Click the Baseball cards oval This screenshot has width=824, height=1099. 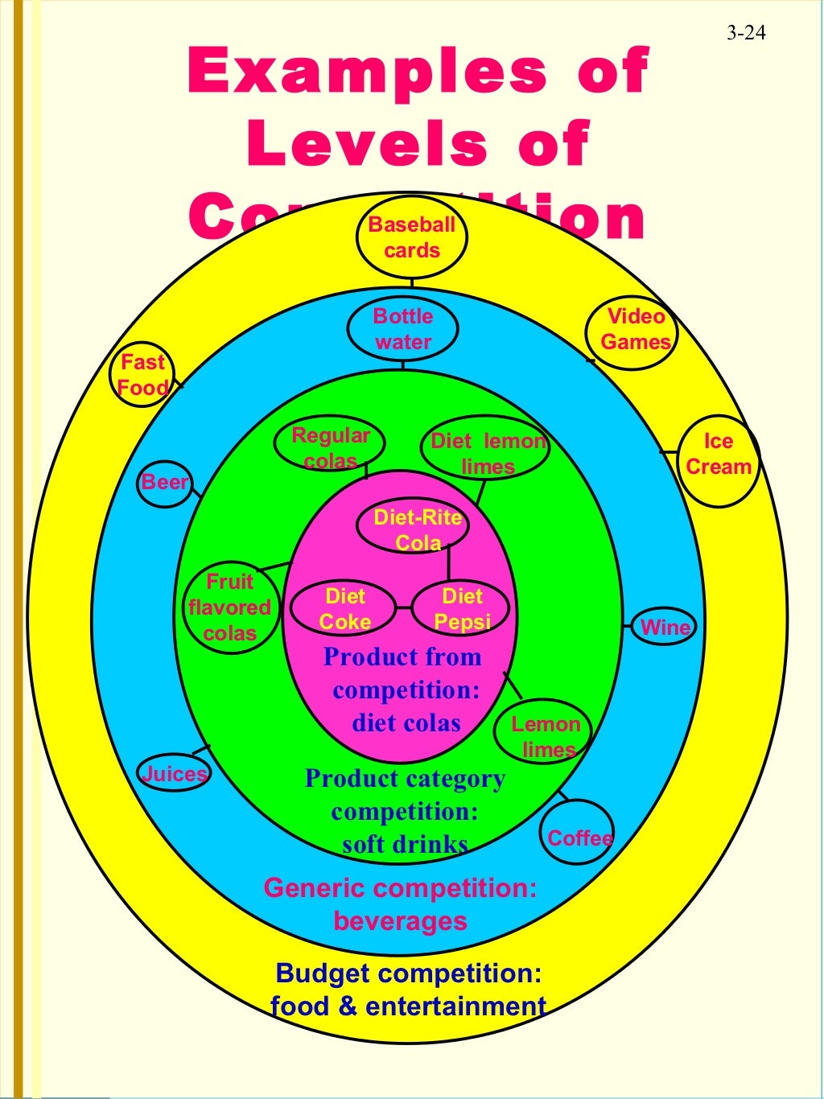point(411,237)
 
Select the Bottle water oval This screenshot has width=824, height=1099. point(402,329)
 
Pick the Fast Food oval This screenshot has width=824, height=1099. point(142,375)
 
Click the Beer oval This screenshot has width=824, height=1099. point(165,483)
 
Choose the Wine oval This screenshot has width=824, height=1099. point(664,627)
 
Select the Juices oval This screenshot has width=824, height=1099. point(174,774)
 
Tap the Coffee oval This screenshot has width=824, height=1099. point(578,838)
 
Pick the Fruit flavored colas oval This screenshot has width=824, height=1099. point(229,607)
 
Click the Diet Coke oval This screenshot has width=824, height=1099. point(344,608)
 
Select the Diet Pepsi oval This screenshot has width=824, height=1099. point(461,608)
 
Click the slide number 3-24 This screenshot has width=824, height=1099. point(745,32)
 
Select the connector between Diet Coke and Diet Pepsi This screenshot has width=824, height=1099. point(403,608)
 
